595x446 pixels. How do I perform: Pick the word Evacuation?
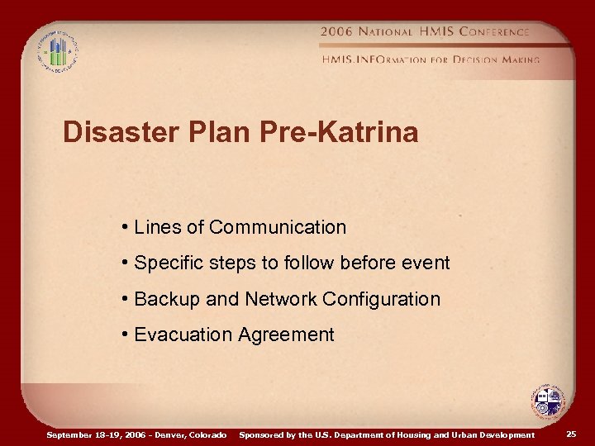tap(183, 334)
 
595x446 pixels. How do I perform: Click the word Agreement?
tap(286, 334)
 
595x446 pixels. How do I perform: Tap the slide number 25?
tap(572, 434)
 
